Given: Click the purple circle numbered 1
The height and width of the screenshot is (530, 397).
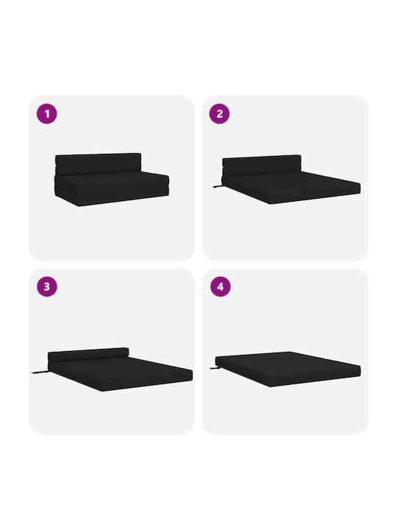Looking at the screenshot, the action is [47, 113].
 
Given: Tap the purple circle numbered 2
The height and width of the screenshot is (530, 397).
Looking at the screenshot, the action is [219, 113].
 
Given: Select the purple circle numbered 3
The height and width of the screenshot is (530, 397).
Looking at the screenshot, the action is [47, 286].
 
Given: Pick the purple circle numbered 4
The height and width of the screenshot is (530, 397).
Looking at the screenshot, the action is [221, 286].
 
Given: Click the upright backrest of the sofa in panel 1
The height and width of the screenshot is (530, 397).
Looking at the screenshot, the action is [98, 164].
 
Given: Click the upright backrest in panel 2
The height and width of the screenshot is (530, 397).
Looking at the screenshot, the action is [261, 166].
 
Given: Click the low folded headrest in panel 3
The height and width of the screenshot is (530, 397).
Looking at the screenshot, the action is [88, 355].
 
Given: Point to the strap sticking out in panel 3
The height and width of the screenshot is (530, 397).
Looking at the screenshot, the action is [40, 372].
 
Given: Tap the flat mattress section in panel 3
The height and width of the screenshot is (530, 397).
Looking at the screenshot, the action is [121, 373].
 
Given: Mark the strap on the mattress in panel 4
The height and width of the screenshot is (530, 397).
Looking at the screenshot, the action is [214, 367].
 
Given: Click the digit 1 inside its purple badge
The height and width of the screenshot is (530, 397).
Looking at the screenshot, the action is [47, 114].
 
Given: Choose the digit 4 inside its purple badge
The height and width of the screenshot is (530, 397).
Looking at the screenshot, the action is [221, 286].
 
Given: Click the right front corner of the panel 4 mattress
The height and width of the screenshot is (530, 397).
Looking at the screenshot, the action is [360, 375].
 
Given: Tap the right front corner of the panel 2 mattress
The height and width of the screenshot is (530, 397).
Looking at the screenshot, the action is [360, 191].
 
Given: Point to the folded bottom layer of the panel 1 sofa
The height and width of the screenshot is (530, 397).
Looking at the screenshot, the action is [112, 196].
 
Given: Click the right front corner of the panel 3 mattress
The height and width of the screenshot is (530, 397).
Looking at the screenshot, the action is [192, 378].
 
